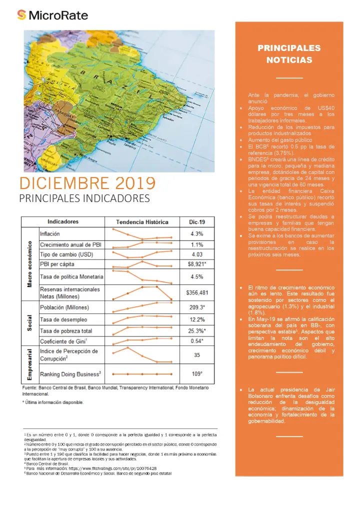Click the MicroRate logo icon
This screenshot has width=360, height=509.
click(x=21, y=15)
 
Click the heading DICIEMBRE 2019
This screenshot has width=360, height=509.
click(x=87, y=182)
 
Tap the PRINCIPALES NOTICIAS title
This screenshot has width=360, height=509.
click(x=289, y=54)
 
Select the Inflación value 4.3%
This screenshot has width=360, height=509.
click(x=196, y=233)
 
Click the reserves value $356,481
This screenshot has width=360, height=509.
click(x=196, y=292)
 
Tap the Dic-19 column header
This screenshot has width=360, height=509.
click(x=196, y=222)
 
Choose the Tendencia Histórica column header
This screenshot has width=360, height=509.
click(x=142, y=222)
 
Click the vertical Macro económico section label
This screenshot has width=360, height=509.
click(x=30, y=264)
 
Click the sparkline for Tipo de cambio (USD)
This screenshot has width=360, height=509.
click(x=142, y=255)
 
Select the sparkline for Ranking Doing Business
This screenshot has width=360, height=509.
click(x=142, y=374)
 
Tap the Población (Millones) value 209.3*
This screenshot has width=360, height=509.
click(x=196, y=307)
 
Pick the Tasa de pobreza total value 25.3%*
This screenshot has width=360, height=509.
click(x=196, y=330)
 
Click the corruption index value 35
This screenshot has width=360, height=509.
click(x=196, y=355)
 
